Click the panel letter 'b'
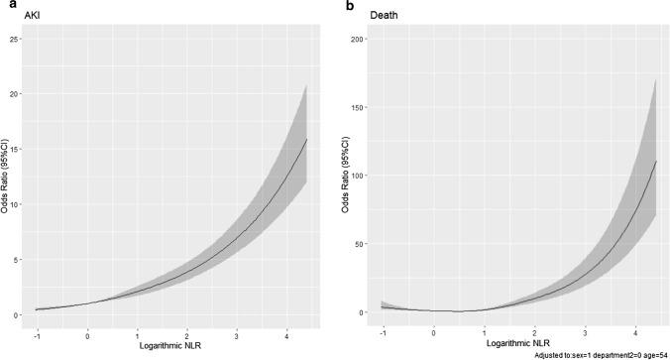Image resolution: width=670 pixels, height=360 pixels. [x=346, y=6]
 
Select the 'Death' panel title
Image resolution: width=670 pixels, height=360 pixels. [x=374, y=20]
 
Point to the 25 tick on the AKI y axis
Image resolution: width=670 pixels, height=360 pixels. [x=18, y=38]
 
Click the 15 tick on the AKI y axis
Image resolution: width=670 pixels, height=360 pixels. [x=18, y=149]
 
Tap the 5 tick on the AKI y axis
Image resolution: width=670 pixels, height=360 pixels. [x=20, y=260]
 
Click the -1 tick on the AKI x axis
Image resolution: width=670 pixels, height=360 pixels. [x=37, y=335]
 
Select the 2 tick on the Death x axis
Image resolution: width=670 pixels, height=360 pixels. [x=535, y=335]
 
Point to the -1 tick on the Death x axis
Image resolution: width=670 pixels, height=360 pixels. [x=383, y=335]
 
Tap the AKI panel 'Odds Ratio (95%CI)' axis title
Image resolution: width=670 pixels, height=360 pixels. [x=6, y=179]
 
